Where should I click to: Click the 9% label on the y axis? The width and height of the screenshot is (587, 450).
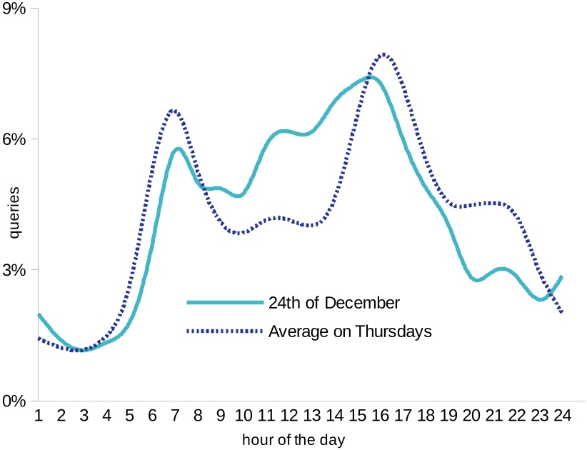pyautogui.click(x=14, y=8)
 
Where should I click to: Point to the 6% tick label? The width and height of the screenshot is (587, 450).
pyautogui.click(x=14, y=139)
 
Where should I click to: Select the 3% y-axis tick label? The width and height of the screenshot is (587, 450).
pyautogui.click(x=14, y=270)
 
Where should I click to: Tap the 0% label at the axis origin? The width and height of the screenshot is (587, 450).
pyautogui.click(x=14, y=401)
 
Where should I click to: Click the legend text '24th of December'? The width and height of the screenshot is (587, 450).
pyautogui.click(x=334, y=302)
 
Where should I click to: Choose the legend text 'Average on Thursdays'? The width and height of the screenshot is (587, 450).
pyautogui.click(x=350, y=331)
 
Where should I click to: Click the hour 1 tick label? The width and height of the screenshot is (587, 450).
pyautogui.click(x=39, y=415)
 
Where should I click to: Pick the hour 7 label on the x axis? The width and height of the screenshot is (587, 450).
pyautogui.click(x=175, y=415)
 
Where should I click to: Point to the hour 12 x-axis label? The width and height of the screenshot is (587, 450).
pyautogui.click(x=289, y=415)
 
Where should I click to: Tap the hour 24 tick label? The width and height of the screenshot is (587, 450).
pyautogui.click(x=562, y=415)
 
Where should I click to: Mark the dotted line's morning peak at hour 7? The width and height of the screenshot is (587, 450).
pyautogui.click(x=173, y=110)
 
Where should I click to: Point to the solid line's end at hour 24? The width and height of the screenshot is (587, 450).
pyautogui.click(x=562, y=276)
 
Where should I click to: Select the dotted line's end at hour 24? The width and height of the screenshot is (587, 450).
pyautogui.click(x=562, y=312)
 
